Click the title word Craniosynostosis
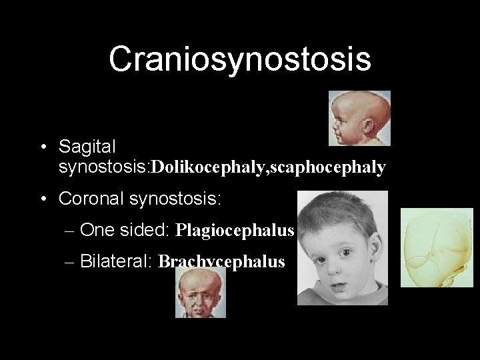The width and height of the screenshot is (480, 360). pos(240,59)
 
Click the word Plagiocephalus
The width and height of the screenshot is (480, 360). pos(234,230)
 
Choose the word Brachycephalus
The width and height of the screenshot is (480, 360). pos(221,261)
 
